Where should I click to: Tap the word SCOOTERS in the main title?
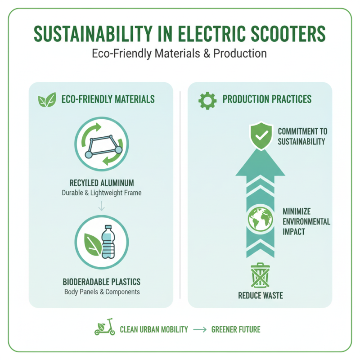tap(282, 34)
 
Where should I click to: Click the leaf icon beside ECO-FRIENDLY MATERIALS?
tap(47, 99)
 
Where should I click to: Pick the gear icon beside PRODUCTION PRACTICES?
tap(207, 99)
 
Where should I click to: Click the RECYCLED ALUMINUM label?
tap(101, 183)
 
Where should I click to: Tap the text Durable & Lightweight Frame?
tap(101, 193)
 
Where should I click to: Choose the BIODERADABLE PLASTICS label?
tap(101, 282)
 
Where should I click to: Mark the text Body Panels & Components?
tap(101, 292)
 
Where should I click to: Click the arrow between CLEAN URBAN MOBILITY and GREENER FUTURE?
tap(199, 329)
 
